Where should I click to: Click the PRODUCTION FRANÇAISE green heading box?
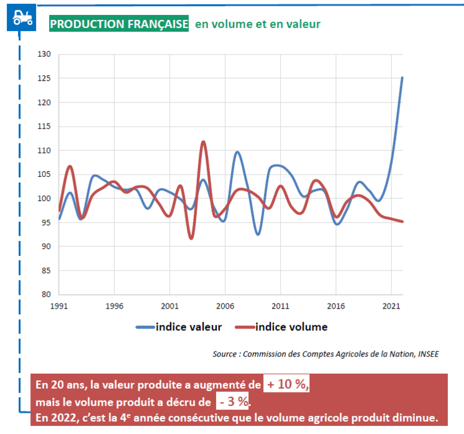click(x=119, y=24)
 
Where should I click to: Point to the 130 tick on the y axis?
click(x=45, y=54)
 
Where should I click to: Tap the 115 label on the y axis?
click(x=45, y=126)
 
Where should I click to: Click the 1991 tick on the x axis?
click(x=59, y=306)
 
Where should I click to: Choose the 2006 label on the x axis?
click(x=225, y=306)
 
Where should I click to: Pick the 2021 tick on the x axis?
click(x=391, y=306)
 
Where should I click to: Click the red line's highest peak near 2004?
click(x=203, y=142)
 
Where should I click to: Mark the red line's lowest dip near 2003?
click(x=191, y=238)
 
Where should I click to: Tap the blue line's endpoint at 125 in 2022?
click(x=403, y=78)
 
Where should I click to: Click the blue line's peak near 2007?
click(x=237, y=151)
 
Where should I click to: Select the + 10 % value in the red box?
click(x=286, y=384)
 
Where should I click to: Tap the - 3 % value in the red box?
click(x=234, y=401)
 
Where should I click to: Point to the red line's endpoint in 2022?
click(x=403, y=222)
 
